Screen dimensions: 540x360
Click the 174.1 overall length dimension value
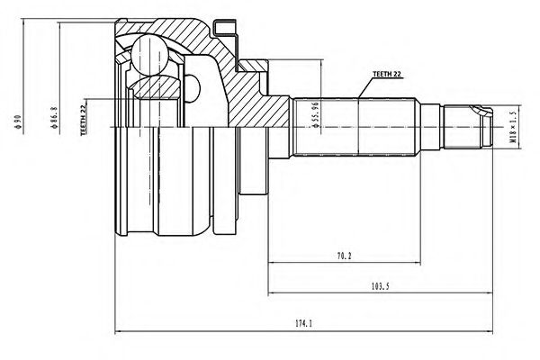tap(303, 323)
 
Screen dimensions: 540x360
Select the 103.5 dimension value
tap(380, 285)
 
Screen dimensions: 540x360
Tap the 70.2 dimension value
tap(344, 256)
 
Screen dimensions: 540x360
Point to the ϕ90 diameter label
tap(18, 121)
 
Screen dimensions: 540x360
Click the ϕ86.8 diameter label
tap(54, 118)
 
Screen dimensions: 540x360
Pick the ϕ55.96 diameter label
tap(315, 114)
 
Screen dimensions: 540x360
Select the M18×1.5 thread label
tap(513, 127)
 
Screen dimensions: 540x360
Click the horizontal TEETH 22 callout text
tap(387, 74)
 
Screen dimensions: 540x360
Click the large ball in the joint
tap(149, 55)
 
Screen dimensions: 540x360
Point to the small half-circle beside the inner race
tap(193, 88)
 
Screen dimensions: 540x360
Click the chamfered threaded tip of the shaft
tap(486, 127)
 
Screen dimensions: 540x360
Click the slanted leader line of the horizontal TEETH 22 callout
tap(365, 87)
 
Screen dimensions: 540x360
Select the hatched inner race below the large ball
tap(156, 87)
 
